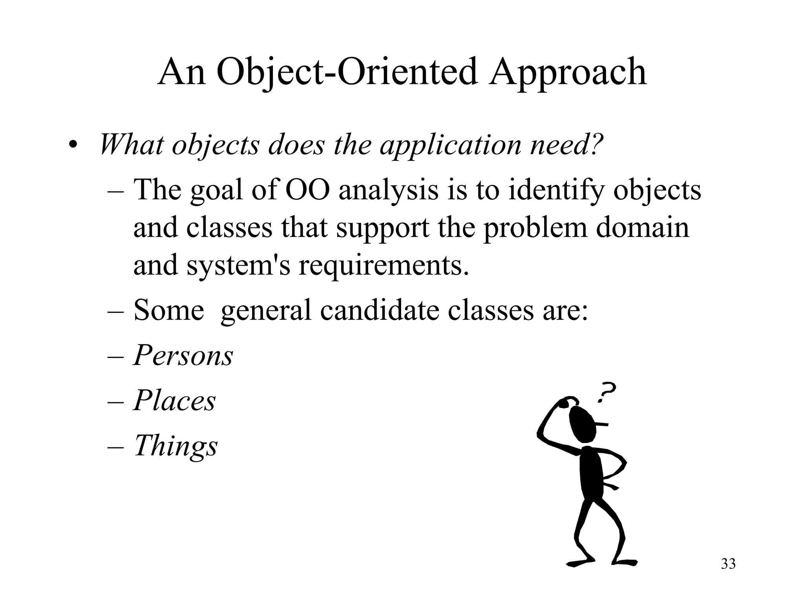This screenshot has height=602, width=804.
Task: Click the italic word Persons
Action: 183,356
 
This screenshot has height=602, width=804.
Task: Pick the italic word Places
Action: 175,401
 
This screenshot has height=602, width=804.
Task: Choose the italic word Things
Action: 175,446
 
